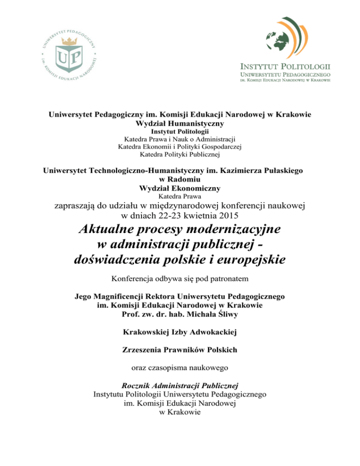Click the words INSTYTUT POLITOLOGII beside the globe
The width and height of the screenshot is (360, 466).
coord(285,65)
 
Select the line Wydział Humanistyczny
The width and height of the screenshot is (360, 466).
coord(180,124)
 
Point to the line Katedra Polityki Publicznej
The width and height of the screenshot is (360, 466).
coord(180,154)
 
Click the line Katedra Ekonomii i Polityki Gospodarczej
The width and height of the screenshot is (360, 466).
coord(180,146)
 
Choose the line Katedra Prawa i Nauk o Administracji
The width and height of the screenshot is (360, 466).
coord(180,139)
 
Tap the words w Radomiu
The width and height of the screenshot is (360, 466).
coord(180,180)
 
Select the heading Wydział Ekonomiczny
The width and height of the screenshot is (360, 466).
coord(180,188)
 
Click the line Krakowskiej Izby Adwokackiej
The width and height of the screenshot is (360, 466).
coord(180,332)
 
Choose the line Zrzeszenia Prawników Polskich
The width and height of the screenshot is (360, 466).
coord(180,350)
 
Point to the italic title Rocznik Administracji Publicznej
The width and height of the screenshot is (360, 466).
coord(180,386)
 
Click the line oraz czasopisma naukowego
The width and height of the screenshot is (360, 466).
coord(180,368)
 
